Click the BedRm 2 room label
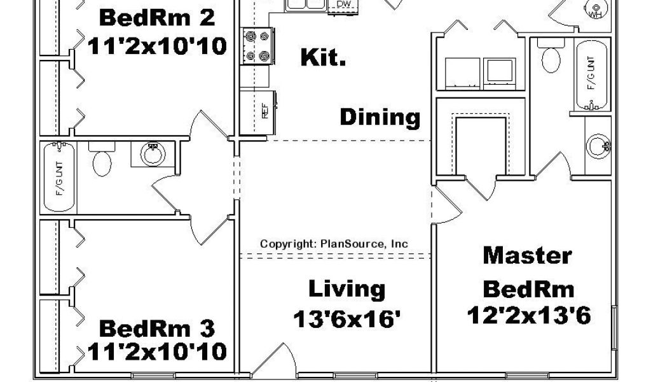157,18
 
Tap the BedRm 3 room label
157,329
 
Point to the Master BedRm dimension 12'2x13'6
528,316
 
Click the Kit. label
323,57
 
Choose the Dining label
380,117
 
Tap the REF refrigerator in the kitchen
258,112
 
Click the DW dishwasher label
343,4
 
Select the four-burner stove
257,46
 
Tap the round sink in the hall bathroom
153,154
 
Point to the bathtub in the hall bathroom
59,177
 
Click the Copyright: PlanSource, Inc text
334,244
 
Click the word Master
527,255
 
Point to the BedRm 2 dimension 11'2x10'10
157,46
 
